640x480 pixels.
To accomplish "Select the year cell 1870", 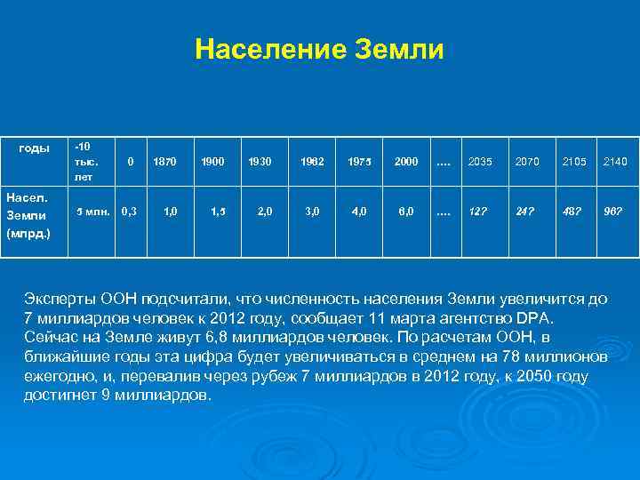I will coord(164,162).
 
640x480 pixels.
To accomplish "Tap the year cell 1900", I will coord(212,162).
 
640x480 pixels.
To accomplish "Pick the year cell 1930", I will coord(260,162).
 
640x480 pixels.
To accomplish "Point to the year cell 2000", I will coord(405,162).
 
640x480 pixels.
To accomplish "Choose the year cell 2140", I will coord(615,162).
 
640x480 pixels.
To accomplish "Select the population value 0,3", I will coord(130,211).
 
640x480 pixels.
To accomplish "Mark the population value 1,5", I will coord(217,211).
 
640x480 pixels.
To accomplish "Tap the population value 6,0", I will coord(405,211).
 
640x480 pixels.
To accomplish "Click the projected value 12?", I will coord(477,211).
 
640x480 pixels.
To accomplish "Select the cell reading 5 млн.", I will coord(92,211).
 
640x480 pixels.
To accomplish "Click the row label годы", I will coord(34,148).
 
